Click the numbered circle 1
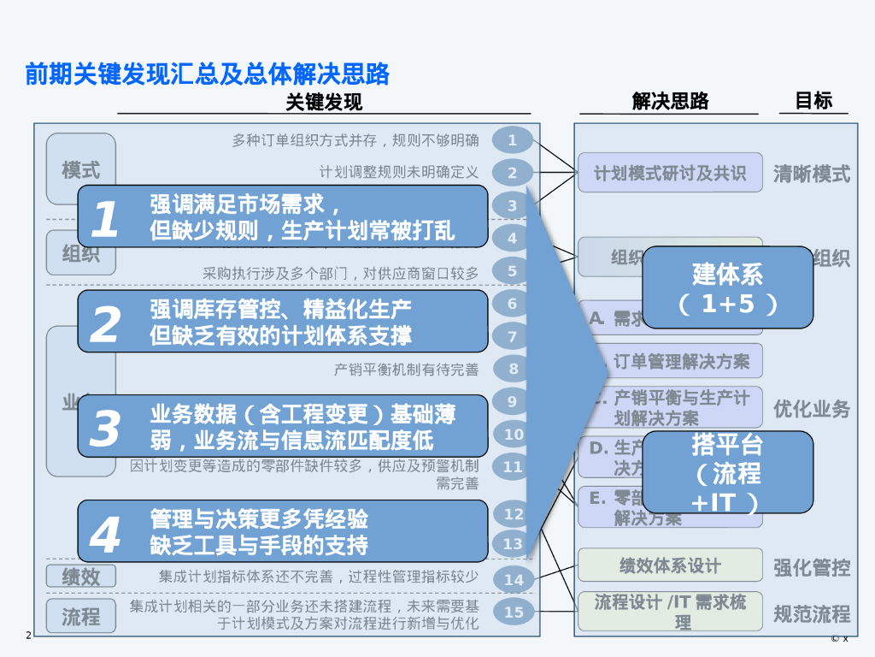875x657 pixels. pyautogui.click(x=513, y=140)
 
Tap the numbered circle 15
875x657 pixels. pyautogui.click(x=514, y=612)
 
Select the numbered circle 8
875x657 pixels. pyautogui.click(x=514, y=369)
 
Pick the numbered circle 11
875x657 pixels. pyautogui.click(x=513, y=467)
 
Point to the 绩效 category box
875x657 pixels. pyautogui.click(x=80, y=577)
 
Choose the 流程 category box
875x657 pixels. pyautogui.click(x=80, y=616)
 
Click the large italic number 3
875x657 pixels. pyautogui.click(x=105, y=428)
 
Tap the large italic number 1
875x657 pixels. pyautogui.click(x=105, y=219)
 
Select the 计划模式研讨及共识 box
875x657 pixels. pyautogui.click(x=670, y=173)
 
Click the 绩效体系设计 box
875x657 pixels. pyautogui.click(x=670, y=565)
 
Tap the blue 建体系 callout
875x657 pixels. pyautogui.click(x=727, y=287)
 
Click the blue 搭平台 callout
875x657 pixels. pyautogui.click(x=727, y=471)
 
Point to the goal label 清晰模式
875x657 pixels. pyautogui.click(x=811, y=175)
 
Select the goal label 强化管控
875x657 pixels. pyautogui.click(x=811, y=568)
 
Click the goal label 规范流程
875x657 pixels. pyautogui.click(x=811, y=613)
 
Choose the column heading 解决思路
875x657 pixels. pyautogui.click(x=670, y=102)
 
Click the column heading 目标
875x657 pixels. pyautogui.click(x=813, y=101)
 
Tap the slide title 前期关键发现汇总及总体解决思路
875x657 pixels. pyautogui.click(x=208, y=75)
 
